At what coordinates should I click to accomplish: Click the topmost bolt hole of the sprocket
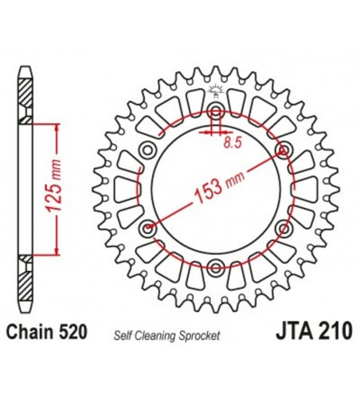(x=215, y=110)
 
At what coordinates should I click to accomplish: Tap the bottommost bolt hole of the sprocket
(x=215, y=268)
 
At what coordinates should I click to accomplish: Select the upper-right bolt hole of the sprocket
(x=283, y=149)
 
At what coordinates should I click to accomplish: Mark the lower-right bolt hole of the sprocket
(x=283, y=229)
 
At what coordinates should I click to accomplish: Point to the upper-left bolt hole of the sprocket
(x=147, y=149)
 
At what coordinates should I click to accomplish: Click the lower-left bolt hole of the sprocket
(x=147, y=229)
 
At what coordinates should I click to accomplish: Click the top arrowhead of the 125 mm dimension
(x=57, y=128)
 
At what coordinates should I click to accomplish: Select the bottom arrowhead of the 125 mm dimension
(x=57, y=250)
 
